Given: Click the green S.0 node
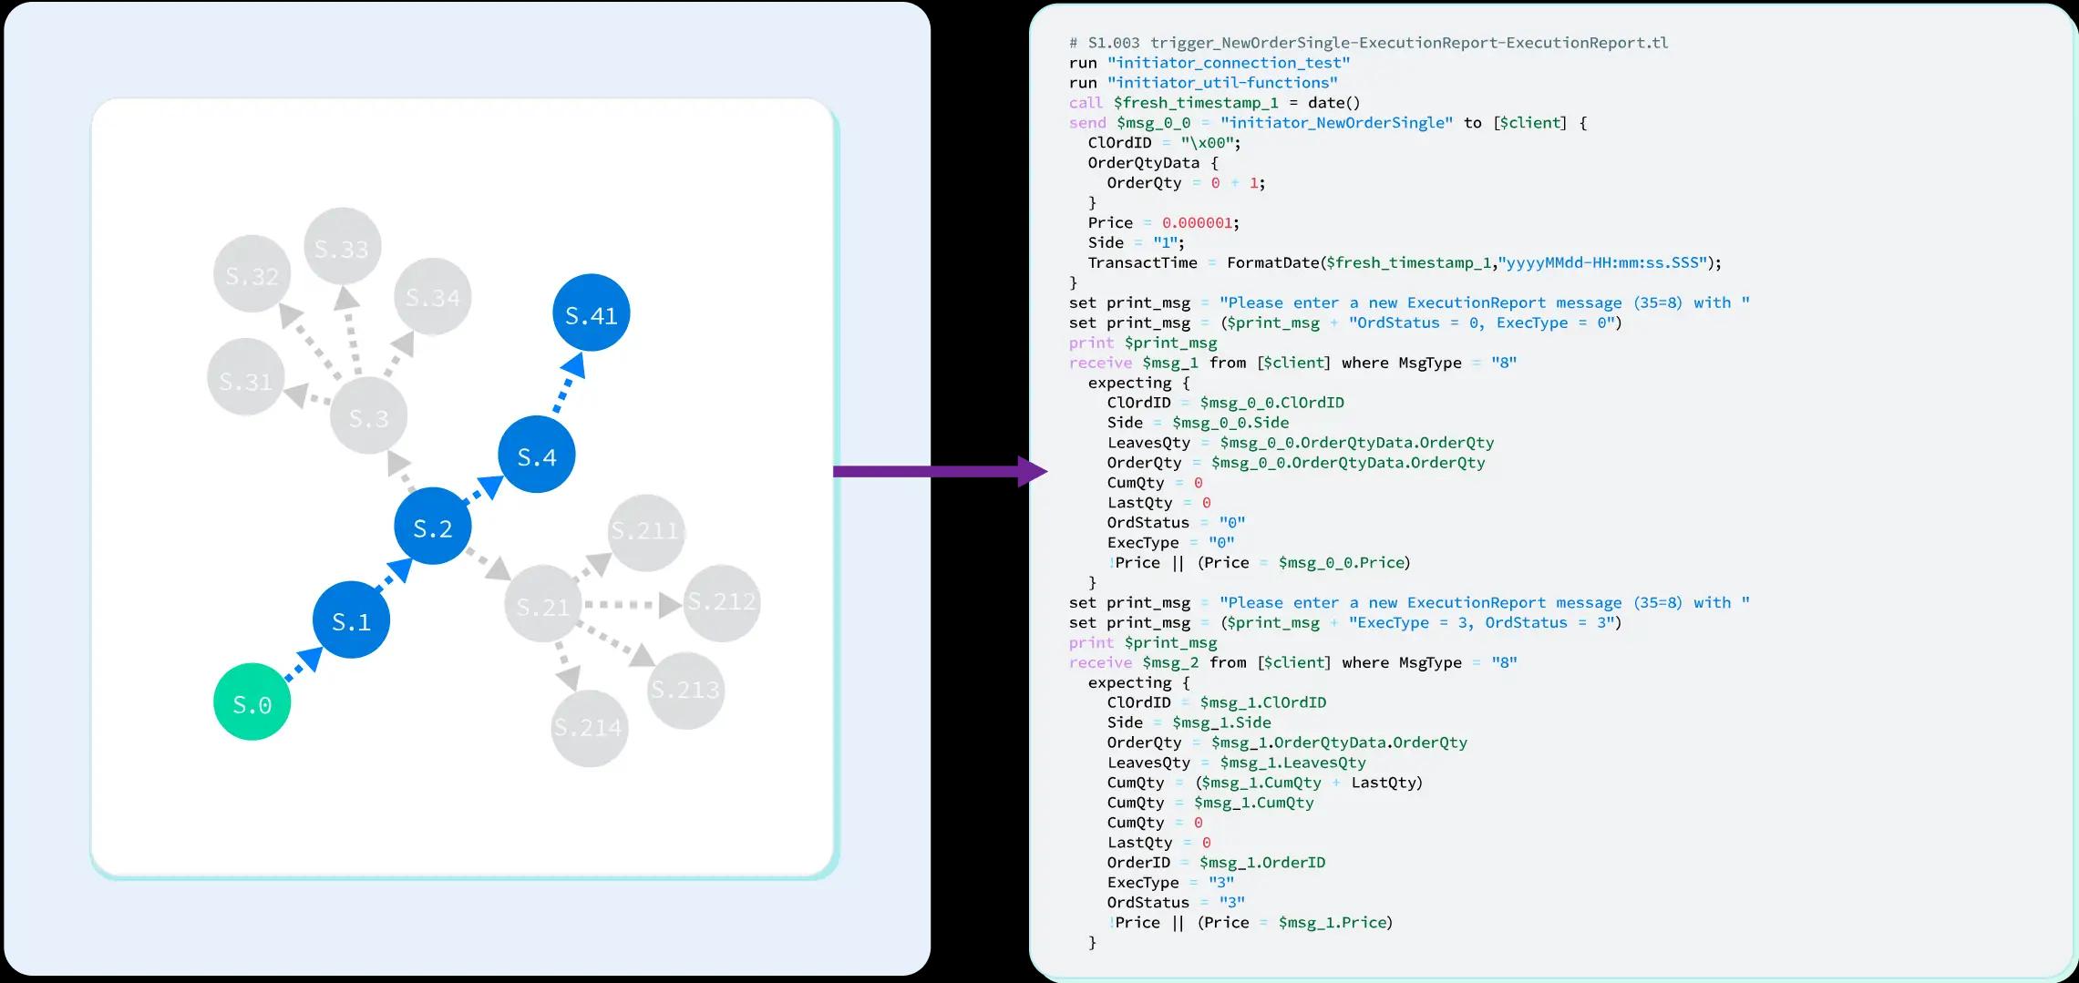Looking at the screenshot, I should [x=252, y=701].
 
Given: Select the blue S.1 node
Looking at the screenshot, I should [x=351, y=620].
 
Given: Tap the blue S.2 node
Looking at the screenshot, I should [x=432, y=527].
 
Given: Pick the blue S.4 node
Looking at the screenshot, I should [x=536, y=455].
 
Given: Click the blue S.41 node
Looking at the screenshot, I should [x=591, y=313].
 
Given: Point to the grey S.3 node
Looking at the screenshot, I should [x=368, y=417].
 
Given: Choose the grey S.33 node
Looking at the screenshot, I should [x=342, y=248].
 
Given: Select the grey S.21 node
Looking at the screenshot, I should [x=542, y=605].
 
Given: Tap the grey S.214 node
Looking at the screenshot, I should [x=589, y=727].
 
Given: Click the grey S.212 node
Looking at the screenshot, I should [x=721, y=601].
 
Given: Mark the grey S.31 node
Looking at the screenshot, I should [x=246, y=379].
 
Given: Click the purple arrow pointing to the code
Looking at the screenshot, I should [x=939, y=471].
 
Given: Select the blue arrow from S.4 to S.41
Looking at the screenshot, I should [x=566, y=384].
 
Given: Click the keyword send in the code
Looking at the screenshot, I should [x=1087, y=123].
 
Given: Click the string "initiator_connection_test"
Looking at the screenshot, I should [x=1229, y=63].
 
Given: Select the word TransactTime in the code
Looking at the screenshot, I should [x=1142, y=263].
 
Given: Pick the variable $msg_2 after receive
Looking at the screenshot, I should [x=1170, y=663].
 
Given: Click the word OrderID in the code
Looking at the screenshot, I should [x=1138, y=863].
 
